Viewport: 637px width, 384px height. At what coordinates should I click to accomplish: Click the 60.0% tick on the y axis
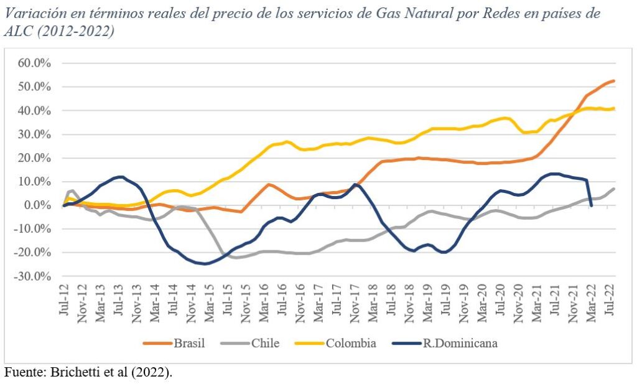(x=34, y=63)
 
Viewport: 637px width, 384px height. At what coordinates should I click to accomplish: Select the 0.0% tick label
(x=37, y=205)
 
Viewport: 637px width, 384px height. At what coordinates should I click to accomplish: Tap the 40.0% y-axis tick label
(x=34, y=111)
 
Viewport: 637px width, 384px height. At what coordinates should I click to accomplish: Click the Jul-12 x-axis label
(x=64, y=304)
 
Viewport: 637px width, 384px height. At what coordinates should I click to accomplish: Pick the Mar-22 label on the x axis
(x=590, y=304)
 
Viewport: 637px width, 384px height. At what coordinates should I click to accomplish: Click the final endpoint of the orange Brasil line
(x=614, y=81)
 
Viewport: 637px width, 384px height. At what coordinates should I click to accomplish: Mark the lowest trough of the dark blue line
(x=206, y=263)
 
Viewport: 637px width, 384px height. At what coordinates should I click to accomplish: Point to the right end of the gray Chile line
(x=614, y=189)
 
